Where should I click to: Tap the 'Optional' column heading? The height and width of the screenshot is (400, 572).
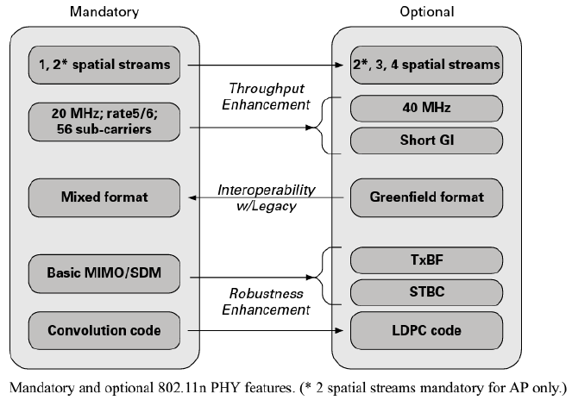coord(426,11)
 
